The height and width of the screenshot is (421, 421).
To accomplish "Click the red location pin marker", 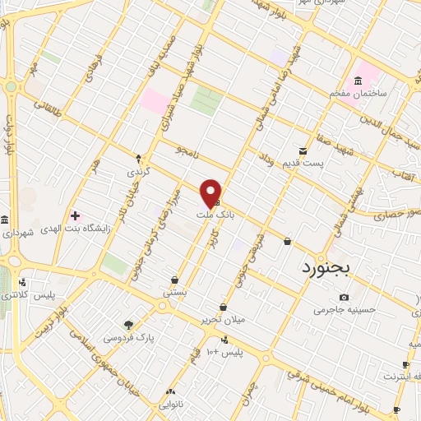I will [x=210, y=192].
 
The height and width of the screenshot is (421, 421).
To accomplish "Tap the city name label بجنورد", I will [x=326, y=267].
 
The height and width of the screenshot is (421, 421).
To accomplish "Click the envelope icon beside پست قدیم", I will [x=303, y=150].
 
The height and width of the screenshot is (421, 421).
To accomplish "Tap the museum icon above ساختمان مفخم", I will [x=358, y=80].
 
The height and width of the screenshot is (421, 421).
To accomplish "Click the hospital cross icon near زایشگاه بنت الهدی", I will [x=75, y=215].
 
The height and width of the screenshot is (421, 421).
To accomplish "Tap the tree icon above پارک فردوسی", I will [x=127, y=325].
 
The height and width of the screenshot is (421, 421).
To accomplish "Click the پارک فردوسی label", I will [x=128, y=337].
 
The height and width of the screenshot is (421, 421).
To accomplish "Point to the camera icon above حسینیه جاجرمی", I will [x=344, y=297].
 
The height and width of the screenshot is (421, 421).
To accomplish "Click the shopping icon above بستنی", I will [x=174, y=280].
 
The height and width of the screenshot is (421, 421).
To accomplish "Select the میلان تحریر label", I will [x=220, y=319].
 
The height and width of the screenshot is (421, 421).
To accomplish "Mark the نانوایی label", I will [x=169, y=405].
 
